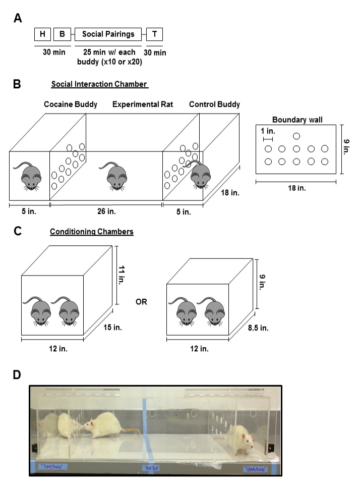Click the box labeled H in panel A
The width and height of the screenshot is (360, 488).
41,34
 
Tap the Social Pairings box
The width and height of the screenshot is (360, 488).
108,34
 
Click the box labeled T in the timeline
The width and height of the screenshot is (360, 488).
154,34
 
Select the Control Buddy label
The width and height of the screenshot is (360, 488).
214,104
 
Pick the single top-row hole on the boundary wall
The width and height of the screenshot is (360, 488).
296,136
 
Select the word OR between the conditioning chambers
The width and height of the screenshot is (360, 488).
142,301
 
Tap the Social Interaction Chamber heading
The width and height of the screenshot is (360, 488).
99,85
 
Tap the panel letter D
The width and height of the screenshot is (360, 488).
18,376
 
